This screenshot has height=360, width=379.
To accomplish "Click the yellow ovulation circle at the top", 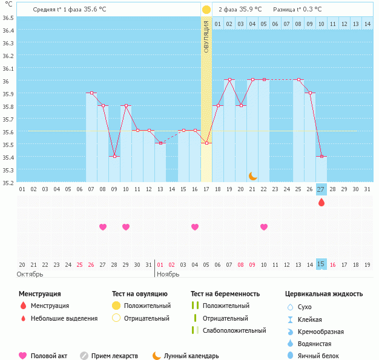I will pyautogui.click(x=206, y=10).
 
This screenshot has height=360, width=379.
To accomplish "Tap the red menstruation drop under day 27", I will pyautogui.click(x=321, y=202).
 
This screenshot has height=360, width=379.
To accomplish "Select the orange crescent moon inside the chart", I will pyautogui.click(x=253, y=176).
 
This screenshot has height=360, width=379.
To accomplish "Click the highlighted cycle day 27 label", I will pyautogui.click(x=321, y=189).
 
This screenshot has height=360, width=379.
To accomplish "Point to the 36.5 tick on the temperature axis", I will pyautogui.click(x=8, y=18).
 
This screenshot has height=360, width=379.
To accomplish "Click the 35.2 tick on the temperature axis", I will pyautogui.click(x=8, y=182).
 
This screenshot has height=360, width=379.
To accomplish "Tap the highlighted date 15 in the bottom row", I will pyautogui.click(x=321, y=264).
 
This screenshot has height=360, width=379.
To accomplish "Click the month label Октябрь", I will pyautogui.click(x=30, y=274).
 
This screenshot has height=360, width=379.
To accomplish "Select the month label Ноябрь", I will pyautogui.click(x=168, y=274).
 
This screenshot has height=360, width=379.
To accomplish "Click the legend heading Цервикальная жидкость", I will pyautogui.click(x=324, y=293).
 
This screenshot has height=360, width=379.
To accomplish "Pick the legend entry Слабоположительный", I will pyautogui.click(x=234, y=330).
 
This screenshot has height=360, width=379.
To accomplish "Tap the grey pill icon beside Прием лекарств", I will pyautogui.click(x=84, y=356).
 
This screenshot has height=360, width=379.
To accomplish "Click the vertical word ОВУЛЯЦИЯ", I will pyautogui.click(x=206, y=37).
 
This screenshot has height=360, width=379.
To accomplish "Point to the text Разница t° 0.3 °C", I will pyautogui.click(x=297, y=10).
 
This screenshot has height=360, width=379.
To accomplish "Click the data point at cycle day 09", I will pyautogui.click(x=114, y=156).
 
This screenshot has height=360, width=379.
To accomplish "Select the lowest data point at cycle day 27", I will pyautogui.click(x=321, y=156).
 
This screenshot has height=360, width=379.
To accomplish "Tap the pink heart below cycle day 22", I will pyautogui.click(x=264, y=227).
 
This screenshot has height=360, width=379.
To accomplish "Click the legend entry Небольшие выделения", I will pyautogui.click(x=64, y=318).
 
